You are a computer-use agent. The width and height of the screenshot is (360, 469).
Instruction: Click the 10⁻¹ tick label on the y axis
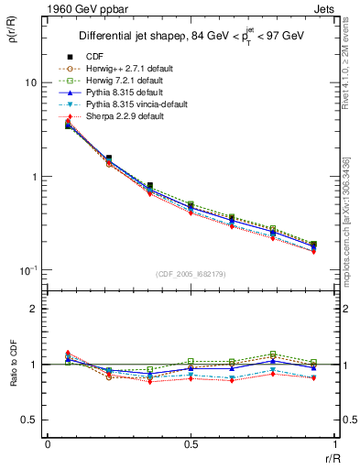point(26,270)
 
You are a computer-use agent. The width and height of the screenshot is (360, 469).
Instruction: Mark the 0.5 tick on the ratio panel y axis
point(27,420)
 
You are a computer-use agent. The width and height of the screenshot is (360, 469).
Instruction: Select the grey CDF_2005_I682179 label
point(190,274)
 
